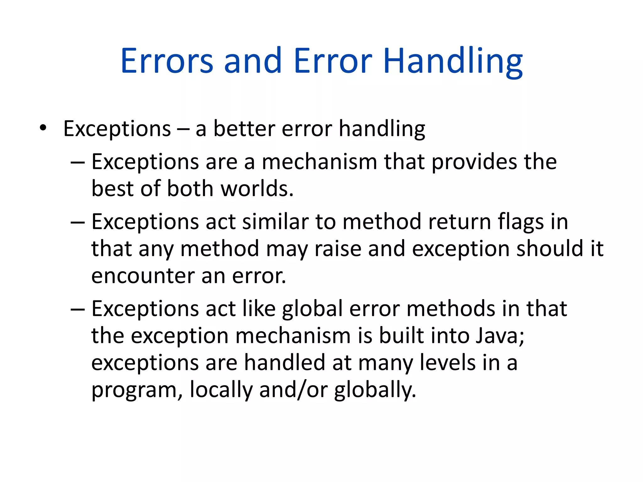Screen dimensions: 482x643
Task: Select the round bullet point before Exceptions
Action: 43,128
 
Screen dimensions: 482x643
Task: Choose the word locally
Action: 221,389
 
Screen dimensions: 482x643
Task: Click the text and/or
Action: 294,389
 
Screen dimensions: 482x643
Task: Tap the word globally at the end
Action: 375,389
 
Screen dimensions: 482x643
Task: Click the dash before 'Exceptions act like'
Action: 78,309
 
